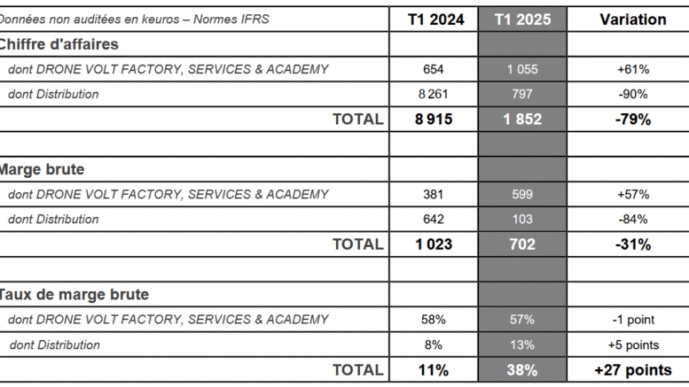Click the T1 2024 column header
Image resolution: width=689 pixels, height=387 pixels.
pos(434,19)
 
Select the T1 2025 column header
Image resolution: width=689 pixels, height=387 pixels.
pos(522,19)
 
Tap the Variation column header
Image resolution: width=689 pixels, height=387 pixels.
pos(632,19)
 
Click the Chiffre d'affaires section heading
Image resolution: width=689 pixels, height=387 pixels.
pos(59,44)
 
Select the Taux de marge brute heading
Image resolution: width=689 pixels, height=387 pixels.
pos(74,295)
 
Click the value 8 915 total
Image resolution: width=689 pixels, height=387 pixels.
pos(434,120)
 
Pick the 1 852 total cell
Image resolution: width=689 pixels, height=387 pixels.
pos(522,120)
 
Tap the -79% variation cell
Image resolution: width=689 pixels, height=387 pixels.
pos(632,120)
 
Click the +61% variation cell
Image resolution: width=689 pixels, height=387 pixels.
pos(632,69)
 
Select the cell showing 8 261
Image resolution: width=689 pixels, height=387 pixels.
pos(434,94)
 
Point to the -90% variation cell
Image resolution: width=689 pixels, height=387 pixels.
pos(632,94)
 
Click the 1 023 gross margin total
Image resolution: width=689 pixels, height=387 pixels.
pos(434,244)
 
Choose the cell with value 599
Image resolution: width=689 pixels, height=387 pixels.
pos(522,194)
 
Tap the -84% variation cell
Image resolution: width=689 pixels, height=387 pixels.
pos(632,219)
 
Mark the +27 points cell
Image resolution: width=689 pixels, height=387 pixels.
pos(632,370)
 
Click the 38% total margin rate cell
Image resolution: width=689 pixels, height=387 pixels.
pos(522,370)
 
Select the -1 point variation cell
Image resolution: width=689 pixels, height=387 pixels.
pos(632,320)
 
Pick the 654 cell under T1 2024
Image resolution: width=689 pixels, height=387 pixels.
pos(434,69)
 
